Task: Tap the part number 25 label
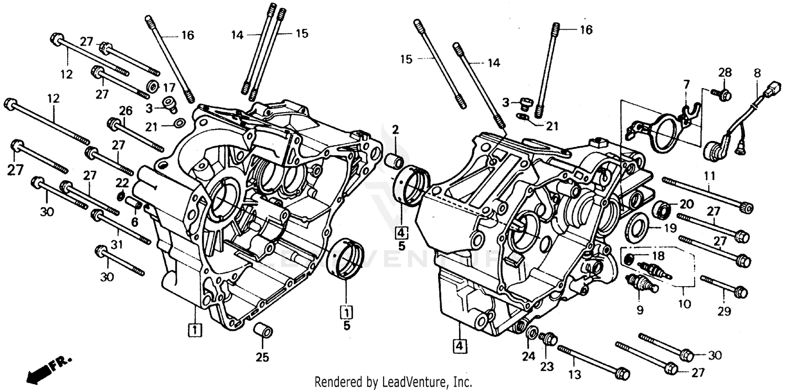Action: (x=262, y=358)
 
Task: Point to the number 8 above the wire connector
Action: (x=757, y=73)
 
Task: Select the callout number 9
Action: (x=640, y=310)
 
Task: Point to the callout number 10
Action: (x=684, y=304)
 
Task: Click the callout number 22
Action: (x=122, y=182)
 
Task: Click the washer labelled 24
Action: (x=531, y=332)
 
